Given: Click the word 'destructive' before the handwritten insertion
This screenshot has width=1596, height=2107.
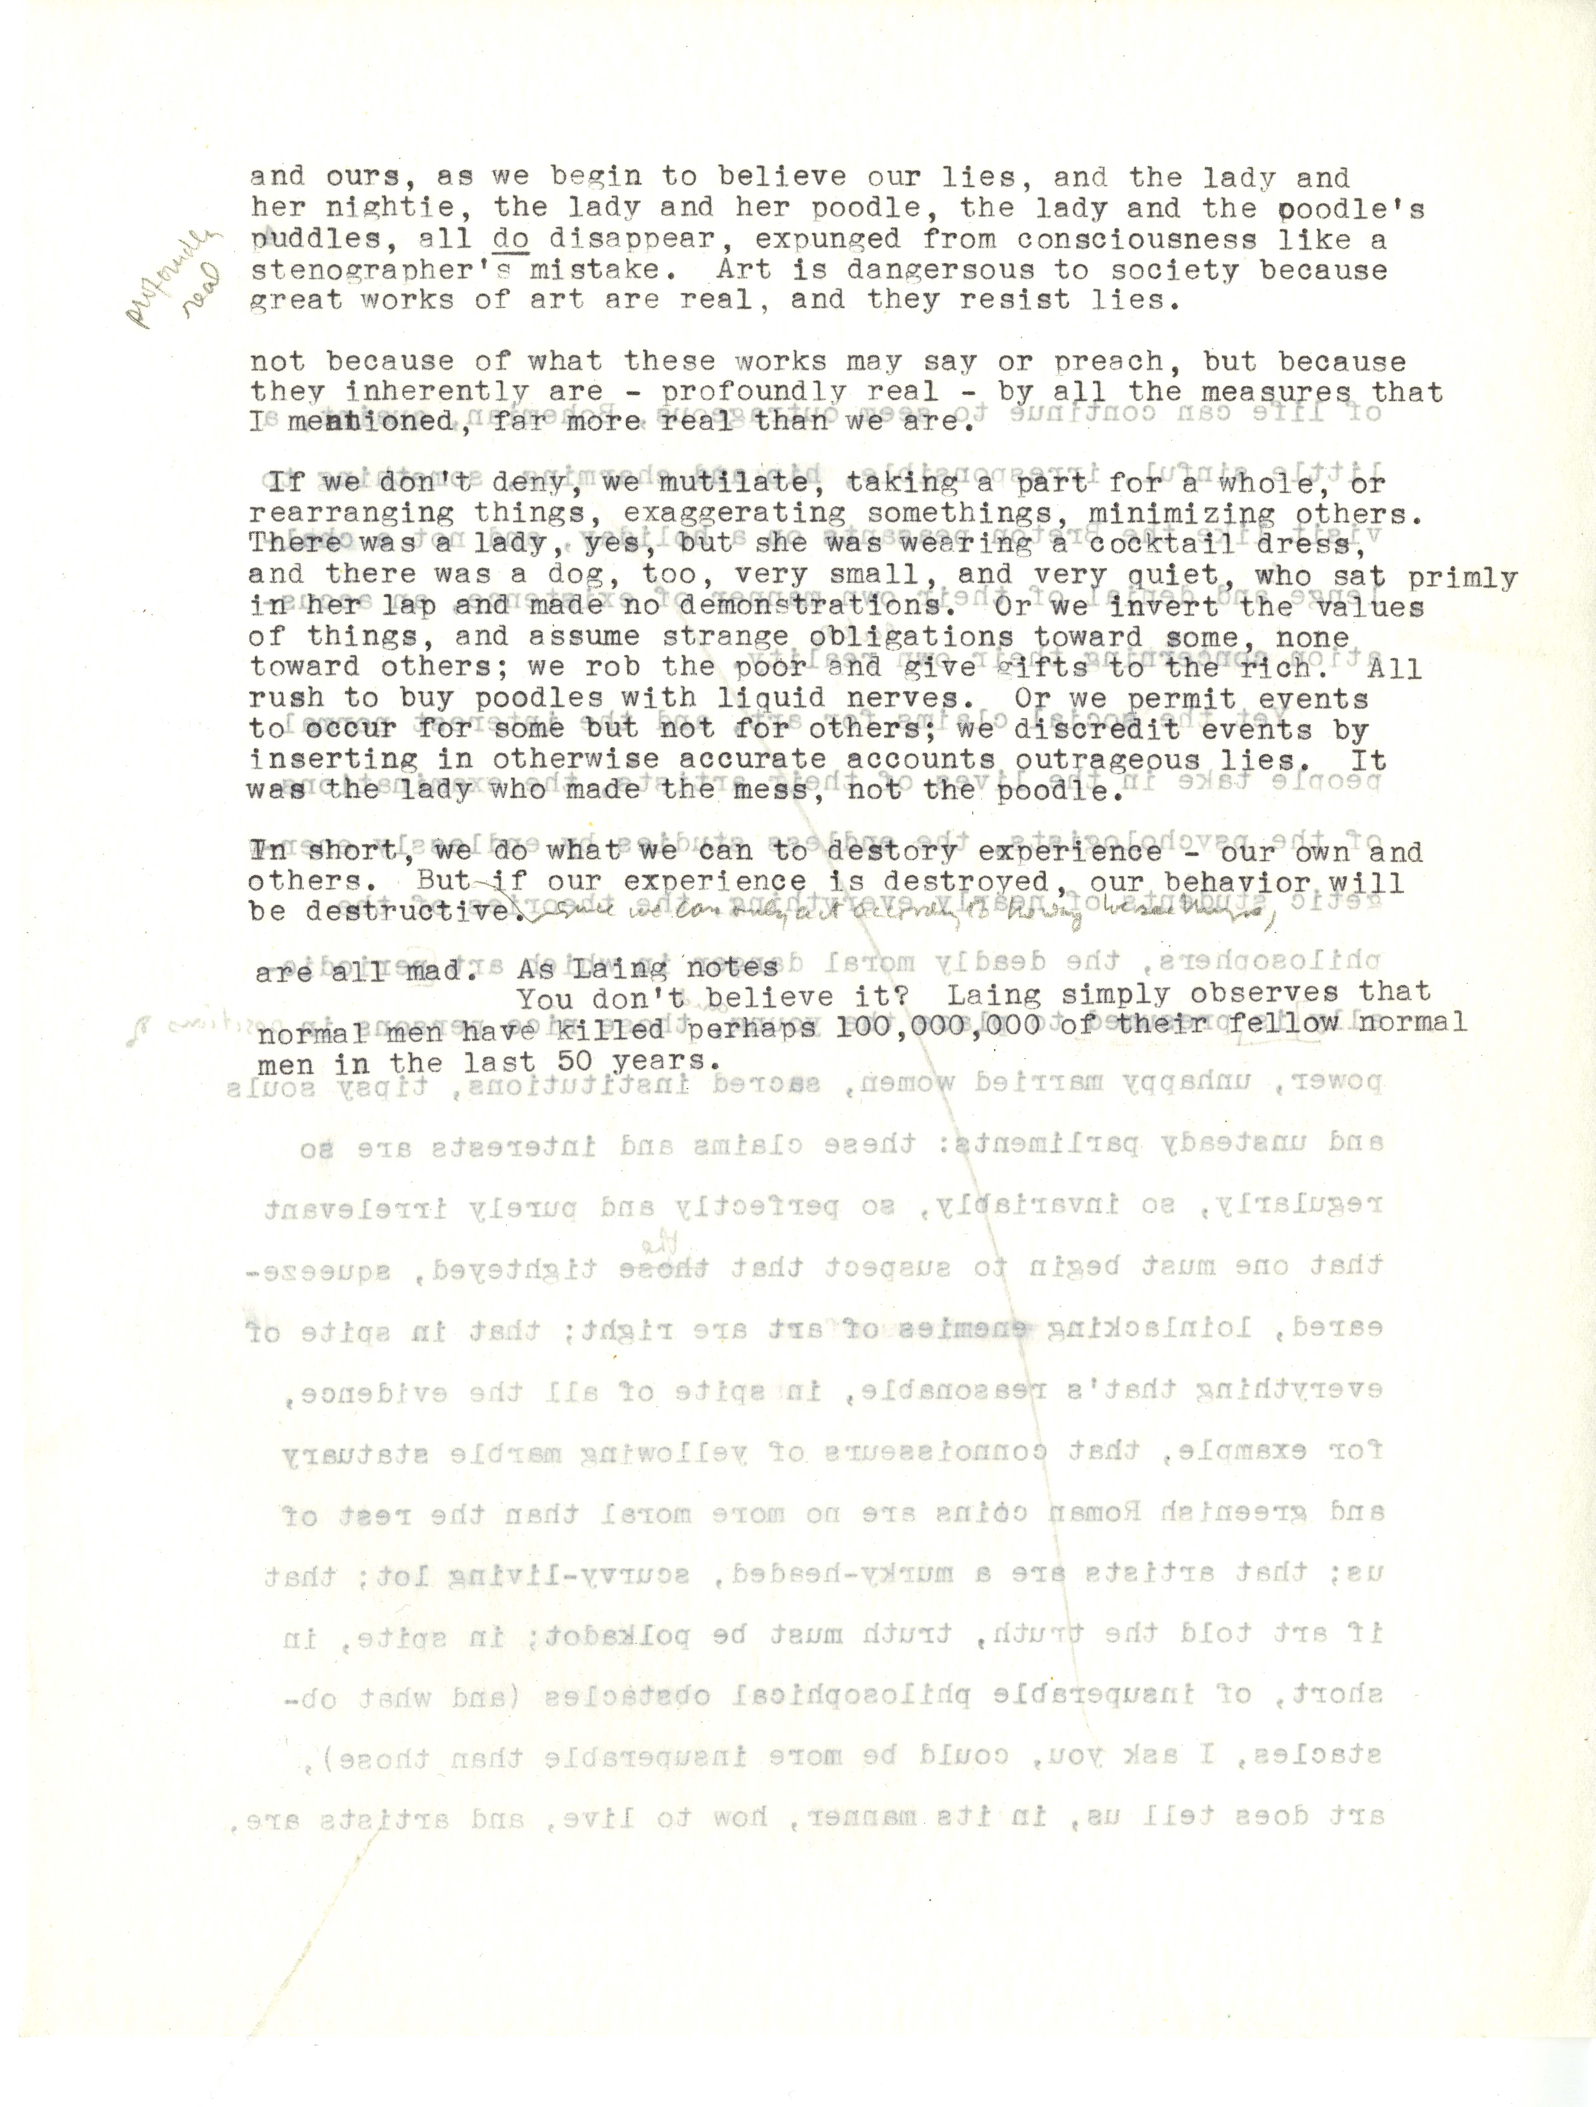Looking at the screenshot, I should pyautogui.click(x=410, y=912).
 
